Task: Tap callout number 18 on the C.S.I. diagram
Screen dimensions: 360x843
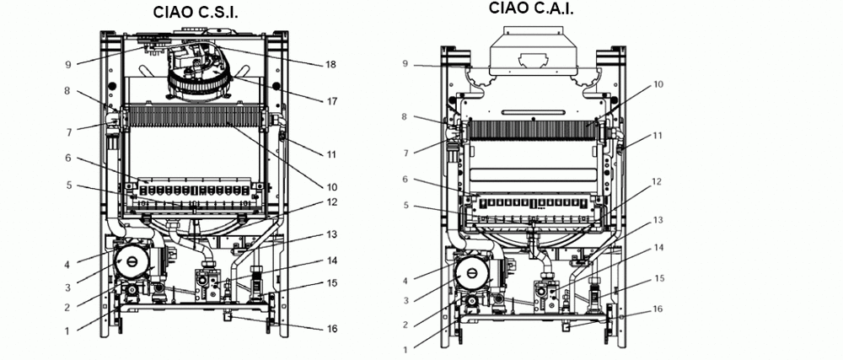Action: [331, 64]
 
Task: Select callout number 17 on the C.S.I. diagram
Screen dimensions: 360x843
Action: [331, 101]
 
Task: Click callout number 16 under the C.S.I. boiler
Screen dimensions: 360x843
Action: [331, 329]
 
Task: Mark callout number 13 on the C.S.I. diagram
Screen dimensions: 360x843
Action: [331, 234]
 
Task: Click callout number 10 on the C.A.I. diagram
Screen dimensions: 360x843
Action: [658, 84]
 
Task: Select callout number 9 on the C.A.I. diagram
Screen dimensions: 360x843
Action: [405, 64]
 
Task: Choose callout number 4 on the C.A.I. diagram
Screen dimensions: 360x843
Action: [405, 280]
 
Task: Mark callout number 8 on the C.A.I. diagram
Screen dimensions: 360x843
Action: [405, 117]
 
